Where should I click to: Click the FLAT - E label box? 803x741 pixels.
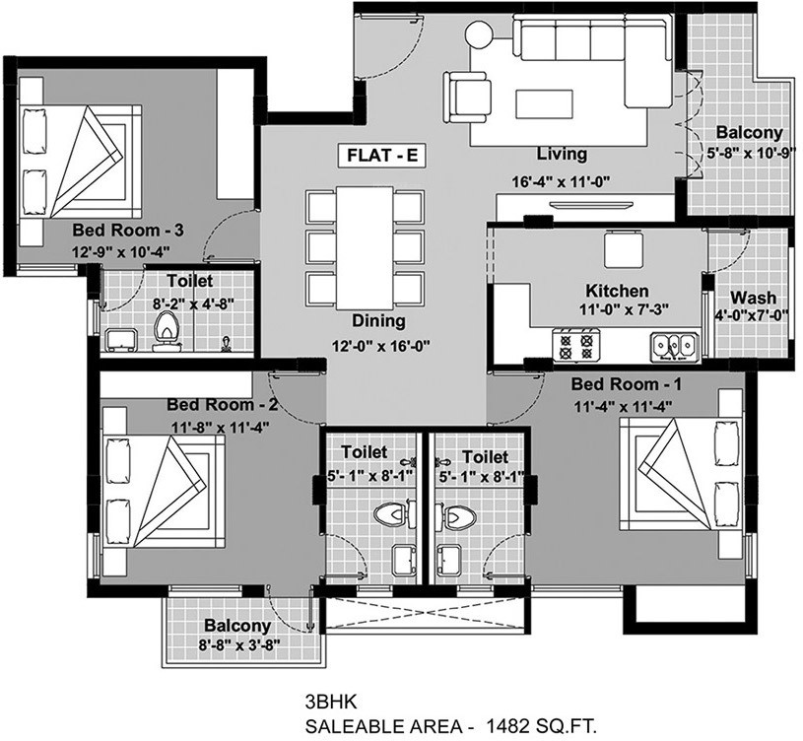click(381, 155)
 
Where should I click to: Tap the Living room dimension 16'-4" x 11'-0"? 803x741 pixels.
click(562, 182)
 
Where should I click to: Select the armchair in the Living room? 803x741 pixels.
click(469, 97)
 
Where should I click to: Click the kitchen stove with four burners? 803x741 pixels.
click(574, 345)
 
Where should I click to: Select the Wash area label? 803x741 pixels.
click(753, 298)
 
